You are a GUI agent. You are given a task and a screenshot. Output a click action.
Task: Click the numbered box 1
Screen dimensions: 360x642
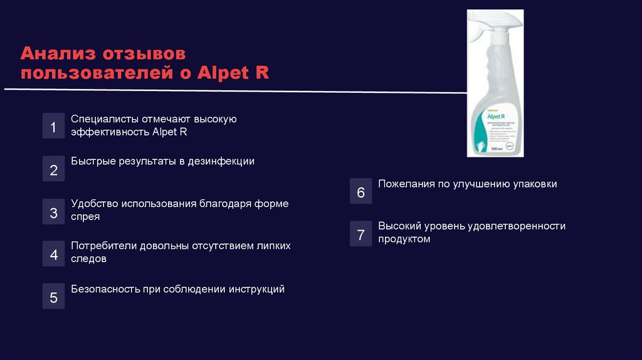click(53, 127)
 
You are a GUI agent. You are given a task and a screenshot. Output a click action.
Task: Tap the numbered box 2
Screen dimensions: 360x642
click(53, 169)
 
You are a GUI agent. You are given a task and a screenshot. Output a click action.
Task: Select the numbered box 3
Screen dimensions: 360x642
click(53, 212)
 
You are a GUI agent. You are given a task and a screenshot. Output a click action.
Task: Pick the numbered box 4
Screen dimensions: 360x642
click(53, 255)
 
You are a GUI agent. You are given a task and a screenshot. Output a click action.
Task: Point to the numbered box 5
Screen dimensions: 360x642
click(53, 297)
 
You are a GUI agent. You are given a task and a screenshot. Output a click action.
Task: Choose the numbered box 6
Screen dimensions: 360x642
click(360, 192)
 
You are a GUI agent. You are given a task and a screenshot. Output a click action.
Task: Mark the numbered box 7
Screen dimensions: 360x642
click(360, 235)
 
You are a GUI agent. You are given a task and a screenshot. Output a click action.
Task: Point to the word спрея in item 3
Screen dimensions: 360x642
click(85, 216)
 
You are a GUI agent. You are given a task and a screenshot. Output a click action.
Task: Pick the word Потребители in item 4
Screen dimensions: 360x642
click(101, 246)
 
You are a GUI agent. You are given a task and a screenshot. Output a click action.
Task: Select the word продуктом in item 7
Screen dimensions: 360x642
click(404, 239)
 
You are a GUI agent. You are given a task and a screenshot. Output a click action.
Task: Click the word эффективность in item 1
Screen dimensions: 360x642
click(110, 132)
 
